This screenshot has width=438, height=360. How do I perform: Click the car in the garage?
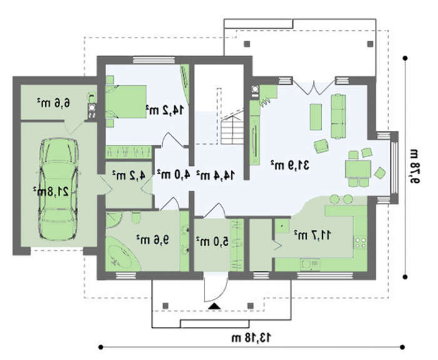point(58,189)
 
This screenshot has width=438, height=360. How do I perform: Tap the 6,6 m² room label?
point(53,103)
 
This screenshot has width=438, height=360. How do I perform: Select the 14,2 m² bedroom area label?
point(165,110)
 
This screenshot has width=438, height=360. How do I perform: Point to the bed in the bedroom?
point(126,101)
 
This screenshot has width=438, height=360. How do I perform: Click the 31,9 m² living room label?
point(290,165)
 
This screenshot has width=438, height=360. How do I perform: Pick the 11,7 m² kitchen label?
point(312,235)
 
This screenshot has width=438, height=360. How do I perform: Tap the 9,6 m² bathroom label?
point(153,240)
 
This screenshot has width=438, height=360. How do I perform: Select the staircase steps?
point(232,131)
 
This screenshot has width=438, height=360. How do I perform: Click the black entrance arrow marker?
point(214,306)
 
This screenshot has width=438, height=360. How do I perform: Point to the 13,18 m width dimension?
point(251,337)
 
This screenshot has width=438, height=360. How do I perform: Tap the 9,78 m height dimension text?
point(414,167)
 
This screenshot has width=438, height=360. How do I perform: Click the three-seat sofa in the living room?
point(339,116)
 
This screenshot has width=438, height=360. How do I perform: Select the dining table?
point(358,169)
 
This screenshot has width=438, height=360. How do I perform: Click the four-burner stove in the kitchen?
point(360,243)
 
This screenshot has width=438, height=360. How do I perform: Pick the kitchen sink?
point(310,264)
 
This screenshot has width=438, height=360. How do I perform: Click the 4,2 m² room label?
point(129,175)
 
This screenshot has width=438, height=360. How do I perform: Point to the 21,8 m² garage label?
point(51,191)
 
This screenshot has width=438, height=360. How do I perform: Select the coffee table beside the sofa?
point(315,117)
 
